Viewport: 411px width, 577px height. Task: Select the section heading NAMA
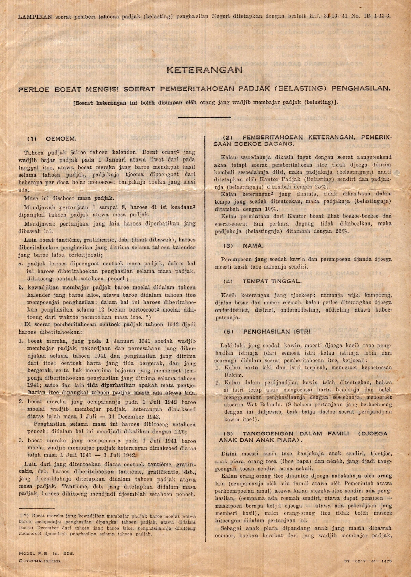pyautogui.click(x=253, y=246)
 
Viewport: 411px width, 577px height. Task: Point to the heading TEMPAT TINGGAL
pyautogui.click(x=267, y=281)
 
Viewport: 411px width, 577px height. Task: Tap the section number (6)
pyautogui.click(x=228, y=433)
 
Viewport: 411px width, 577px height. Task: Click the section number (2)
pyautogui.click(x=228, y=137)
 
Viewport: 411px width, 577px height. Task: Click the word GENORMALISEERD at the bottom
pyautogui.click(x=40, y=561)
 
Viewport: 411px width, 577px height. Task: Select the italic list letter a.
pyautogui.click(x=20, y=263)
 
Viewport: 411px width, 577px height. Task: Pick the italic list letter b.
pyautogui.click(x=20, y=287)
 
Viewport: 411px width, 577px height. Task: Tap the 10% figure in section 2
pyautogui.click(x=271, y=209)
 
